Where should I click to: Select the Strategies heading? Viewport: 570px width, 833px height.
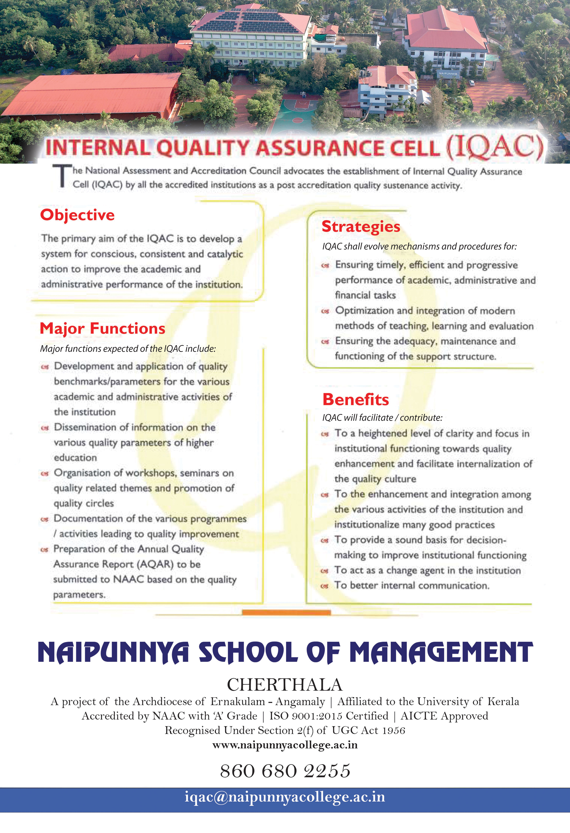[x=361, y=227]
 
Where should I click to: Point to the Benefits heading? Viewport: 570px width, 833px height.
[x=356, y=399]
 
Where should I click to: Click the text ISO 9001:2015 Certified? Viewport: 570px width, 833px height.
[x=329, y=716]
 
